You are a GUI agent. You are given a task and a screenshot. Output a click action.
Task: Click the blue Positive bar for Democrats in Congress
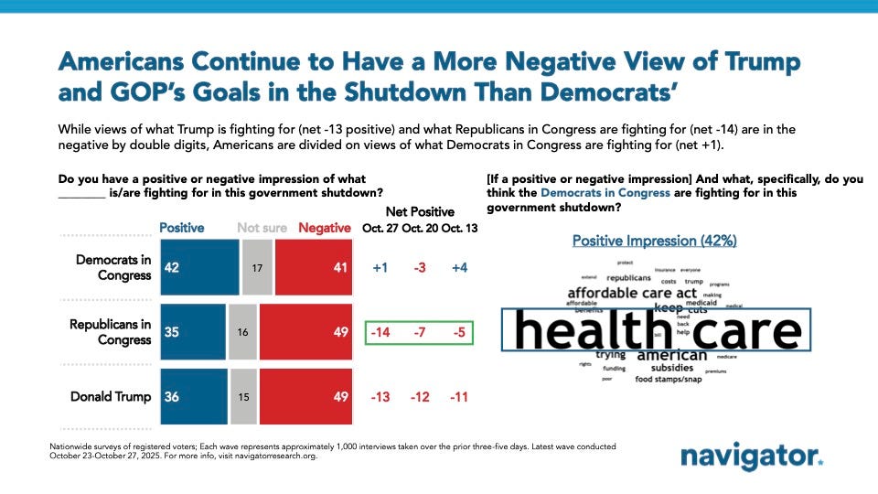tap(198, 267)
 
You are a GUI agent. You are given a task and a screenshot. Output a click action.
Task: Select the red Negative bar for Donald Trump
tap(306, 396)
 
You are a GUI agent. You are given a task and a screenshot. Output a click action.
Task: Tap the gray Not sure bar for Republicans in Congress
tap(242, 332)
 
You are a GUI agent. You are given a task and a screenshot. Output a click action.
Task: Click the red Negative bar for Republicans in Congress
tap(306, 332)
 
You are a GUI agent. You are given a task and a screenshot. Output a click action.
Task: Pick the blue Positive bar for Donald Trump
tap(193, 396)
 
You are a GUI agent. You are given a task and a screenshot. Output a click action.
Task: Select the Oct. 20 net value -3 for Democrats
tap(420, 267)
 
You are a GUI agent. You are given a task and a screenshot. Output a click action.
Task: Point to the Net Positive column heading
tap(420, 211)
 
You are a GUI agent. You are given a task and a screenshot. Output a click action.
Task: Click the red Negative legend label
tap(325, 228)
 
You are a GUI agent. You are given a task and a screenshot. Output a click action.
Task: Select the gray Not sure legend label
tap(262, 228)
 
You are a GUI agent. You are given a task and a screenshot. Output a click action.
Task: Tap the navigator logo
tap(751, 457)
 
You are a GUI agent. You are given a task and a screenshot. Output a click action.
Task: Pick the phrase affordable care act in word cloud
tap(632, 293)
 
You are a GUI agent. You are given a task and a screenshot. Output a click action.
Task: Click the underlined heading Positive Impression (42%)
tap(654, 241)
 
